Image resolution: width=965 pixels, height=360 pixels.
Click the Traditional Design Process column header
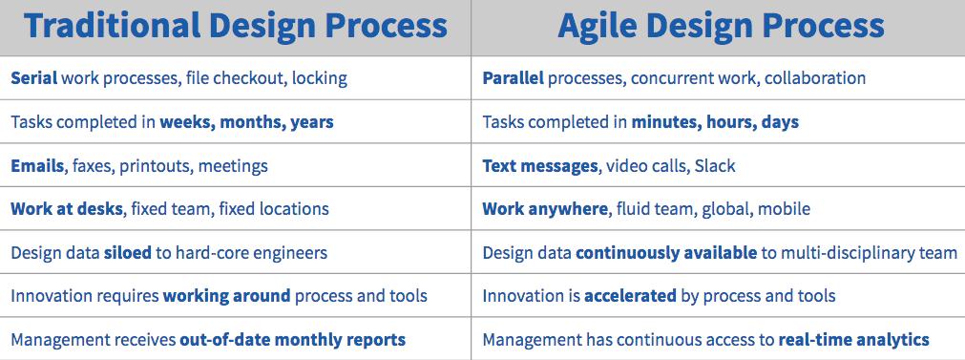coord(236,26)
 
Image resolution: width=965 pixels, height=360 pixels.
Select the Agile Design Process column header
coord(721,26)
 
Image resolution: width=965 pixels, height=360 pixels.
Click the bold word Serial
coord(33,78)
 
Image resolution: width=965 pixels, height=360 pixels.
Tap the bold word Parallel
coord(514,78)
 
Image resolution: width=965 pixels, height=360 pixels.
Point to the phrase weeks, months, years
coord(247,122)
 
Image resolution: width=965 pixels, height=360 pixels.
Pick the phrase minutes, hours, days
coord(715,122)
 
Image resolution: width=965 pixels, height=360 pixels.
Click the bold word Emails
coord(37,165)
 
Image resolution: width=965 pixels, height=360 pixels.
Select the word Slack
coord(715,165)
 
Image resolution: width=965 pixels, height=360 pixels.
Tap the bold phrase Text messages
coord(539,165)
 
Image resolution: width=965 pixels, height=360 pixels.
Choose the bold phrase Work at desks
coord(67,208)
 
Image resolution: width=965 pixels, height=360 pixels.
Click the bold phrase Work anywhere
coord(545,209)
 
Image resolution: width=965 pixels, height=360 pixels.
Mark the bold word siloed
coord(127,252)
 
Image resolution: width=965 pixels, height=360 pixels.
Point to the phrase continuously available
coord(666,253)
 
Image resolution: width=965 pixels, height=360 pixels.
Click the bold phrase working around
coord(226,296)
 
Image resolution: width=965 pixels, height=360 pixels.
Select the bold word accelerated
coord(630,296)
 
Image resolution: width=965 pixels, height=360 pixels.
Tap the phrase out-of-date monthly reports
coord(292,340)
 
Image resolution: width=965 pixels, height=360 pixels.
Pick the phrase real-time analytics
coord(853,340)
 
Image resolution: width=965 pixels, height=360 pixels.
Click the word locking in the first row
coord(320,78)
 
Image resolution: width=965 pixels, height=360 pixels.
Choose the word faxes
coord(93,166)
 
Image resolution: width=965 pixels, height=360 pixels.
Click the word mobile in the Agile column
coord(784,209)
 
